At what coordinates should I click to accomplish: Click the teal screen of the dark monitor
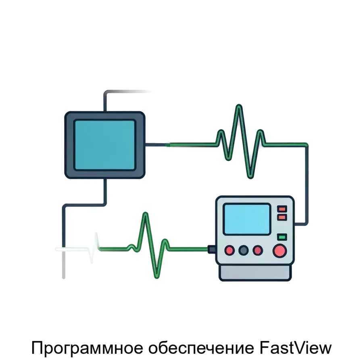(104, 145)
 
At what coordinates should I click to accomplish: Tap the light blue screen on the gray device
(247, 219)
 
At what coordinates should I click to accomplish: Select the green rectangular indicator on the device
(282, 237)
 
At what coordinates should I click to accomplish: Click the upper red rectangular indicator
(282, 209)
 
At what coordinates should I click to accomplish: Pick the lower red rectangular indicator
(282, 217)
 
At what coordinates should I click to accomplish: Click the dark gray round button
(243, 250)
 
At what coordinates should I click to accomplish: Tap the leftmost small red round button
(229, 250)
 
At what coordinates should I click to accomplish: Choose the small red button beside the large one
(258, 250)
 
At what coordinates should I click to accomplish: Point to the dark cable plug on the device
(212, 249)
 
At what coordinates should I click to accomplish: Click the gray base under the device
(255, 273)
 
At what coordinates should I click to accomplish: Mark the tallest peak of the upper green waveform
(239, 106)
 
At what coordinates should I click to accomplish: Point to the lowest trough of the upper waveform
(250, 177)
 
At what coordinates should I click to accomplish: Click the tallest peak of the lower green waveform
(145, 213)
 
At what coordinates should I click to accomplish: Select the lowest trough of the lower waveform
(157, 277)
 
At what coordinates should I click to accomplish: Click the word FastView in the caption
(296, 348)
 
